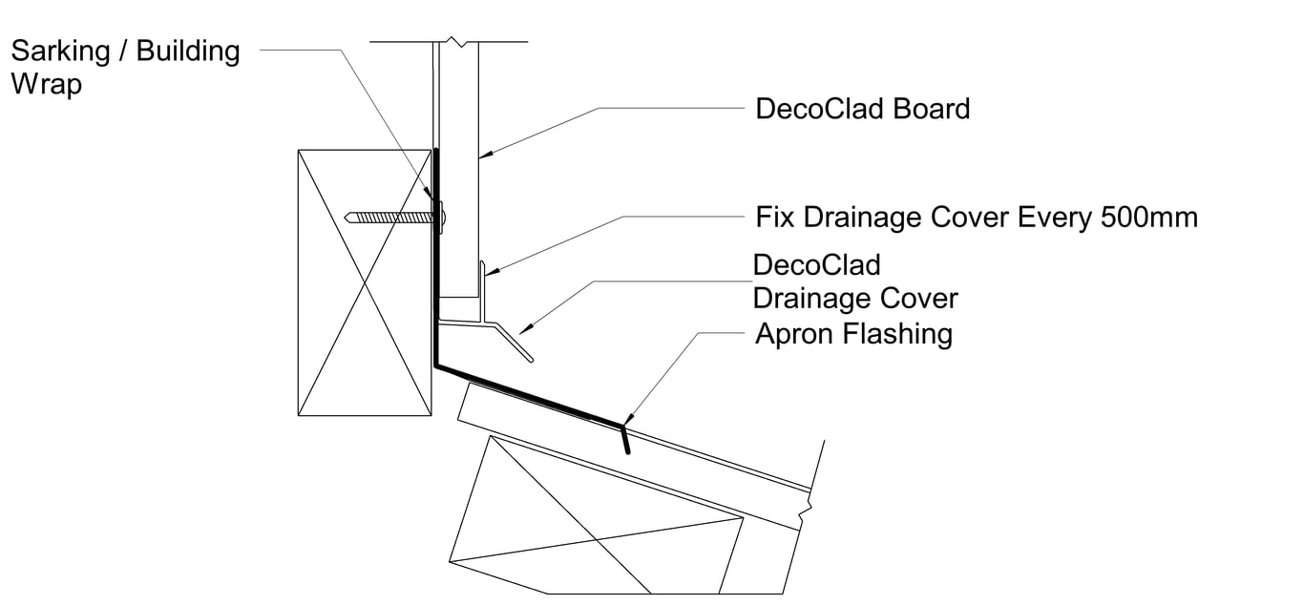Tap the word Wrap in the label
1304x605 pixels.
pyautogui.click(x=46, y=84)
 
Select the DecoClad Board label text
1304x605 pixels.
pyautogui.click(x=862, y=109)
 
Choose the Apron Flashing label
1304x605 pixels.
pyautogui.click(x=853, y=334)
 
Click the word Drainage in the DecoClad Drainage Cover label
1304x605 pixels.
pyautogui.click(x=818, y=298)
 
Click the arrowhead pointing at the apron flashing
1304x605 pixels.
pyautogui.click(x=627, y=421)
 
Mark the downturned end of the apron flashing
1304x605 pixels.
pyautogui.click(x=625, y=440)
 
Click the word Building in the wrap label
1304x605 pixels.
pyautogui.click(x=188, y=51)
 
